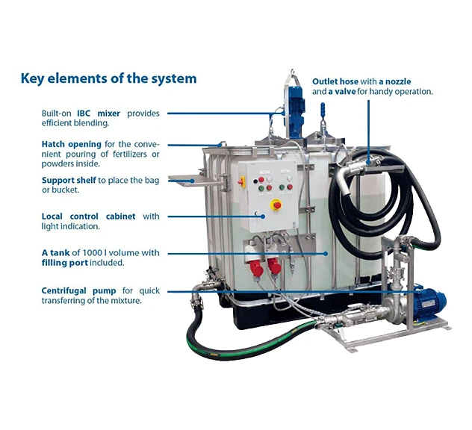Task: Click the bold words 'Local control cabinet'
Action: click(88, 216)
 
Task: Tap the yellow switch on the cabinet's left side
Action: click(275, 204)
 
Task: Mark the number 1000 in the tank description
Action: click(103, 253)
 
